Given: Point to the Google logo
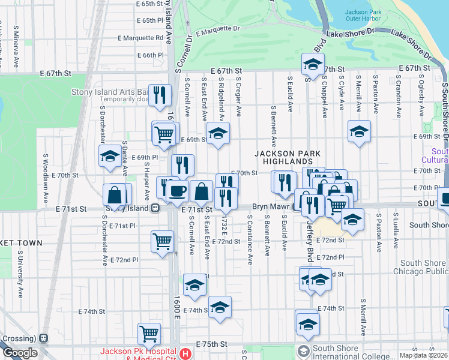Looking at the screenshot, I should tap(20, 353).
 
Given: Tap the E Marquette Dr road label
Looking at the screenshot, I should tap(217, 28).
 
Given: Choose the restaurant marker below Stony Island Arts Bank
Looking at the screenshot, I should tap(160, 95).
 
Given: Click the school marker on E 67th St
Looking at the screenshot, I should tap(313, 65).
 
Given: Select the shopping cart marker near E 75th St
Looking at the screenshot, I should tap(149, 333).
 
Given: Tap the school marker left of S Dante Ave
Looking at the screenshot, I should tap(109, 157).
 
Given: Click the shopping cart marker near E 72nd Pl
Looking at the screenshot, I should tap(162, 242).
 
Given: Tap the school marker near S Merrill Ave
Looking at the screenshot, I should tap(359, 132).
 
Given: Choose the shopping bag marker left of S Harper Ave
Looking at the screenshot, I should tap(115, 195).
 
